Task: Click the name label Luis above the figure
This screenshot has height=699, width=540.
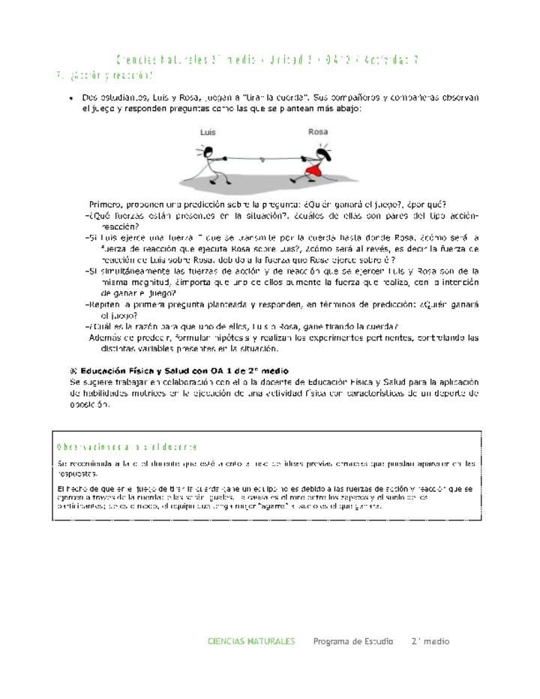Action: (208, 132)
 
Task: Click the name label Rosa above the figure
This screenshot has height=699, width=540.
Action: (318, 132)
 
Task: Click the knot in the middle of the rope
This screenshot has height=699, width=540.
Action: (260, 159)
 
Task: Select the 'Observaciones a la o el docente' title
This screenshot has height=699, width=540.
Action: (127, 447)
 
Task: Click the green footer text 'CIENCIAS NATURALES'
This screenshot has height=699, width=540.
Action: (251, 641)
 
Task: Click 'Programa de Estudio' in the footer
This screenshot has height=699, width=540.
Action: (352, 641)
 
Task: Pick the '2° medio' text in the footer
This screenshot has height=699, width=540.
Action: (430, 641)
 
